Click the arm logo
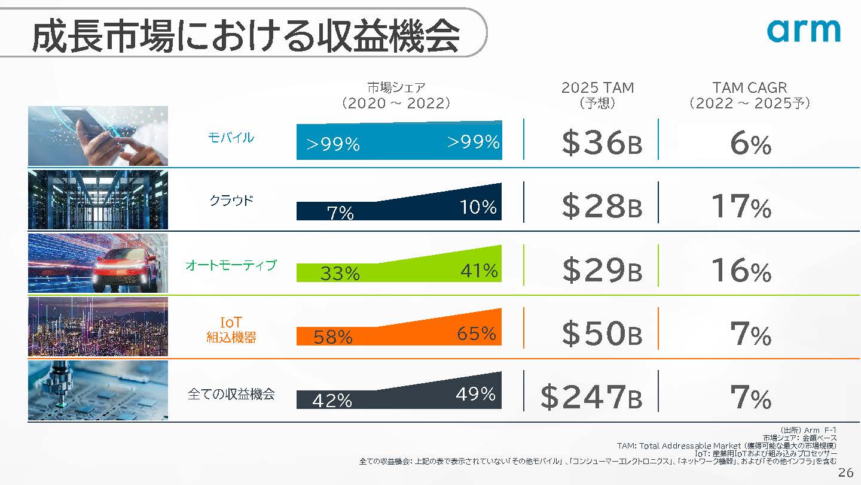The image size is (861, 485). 803,31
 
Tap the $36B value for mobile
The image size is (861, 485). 602,143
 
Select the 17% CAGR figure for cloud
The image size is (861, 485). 741,207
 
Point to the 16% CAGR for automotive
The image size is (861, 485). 741,271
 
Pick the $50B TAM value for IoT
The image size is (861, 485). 602,334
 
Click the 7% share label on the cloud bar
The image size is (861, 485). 340,213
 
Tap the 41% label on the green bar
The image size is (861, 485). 479,271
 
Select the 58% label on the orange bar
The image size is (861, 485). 333,337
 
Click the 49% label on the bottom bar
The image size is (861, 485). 475,393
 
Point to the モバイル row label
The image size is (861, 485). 231,138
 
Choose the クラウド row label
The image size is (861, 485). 231,201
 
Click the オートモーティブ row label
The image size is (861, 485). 231,265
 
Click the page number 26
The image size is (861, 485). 845,472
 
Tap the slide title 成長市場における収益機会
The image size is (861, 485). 245,36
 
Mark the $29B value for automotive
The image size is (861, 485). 602,271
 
